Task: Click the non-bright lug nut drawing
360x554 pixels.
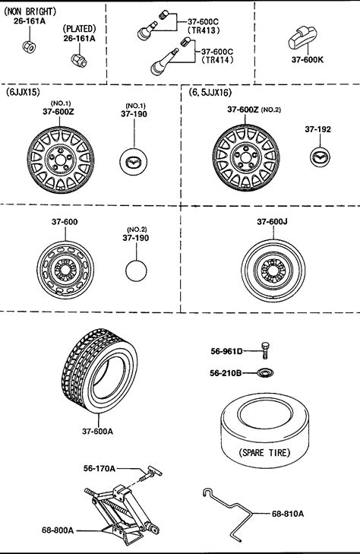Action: click(x=29, y=47)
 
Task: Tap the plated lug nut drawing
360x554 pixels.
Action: click(x=79, y=61)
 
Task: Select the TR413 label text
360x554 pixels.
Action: click(x=204, y=30)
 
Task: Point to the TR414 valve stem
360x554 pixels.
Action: click(x=165, y=61)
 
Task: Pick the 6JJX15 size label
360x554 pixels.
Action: click(x=23, y=92)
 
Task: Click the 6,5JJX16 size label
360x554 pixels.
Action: click(x=210, y=93)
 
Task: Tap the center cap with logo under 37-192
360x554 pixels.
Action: click(x=320, y=157)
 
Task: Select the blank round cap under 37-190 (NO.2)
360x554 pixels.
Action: click(x=136, y=271)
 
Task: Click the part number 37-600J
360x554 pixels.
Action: click(x=272, y=222)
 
